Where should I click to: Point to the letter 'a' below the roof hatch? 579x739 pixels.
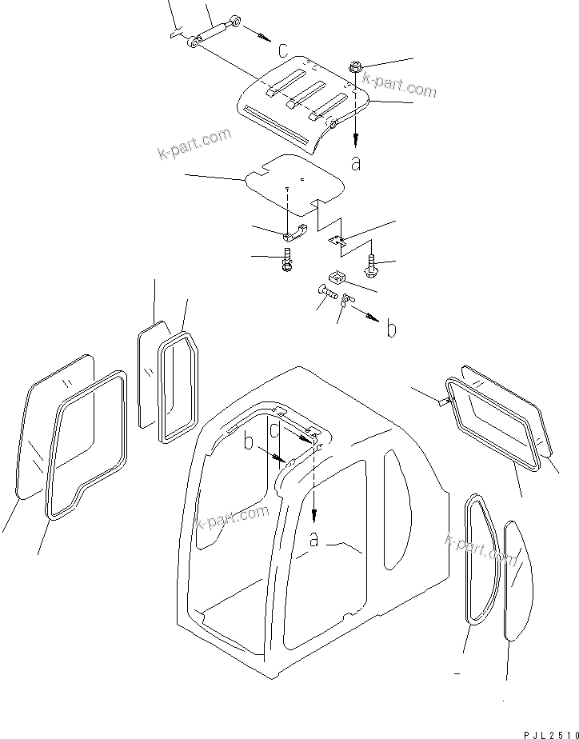point(356,163)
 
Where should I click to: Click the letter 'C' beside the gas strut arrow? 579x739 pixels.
point(283,50)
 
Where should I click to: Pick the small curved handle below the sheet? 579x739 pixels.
point(295,233)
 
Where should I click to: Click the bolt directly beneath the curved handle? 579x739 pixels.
point(288,261)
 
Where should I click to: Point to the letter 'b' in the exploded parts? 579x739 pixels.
point(391,329)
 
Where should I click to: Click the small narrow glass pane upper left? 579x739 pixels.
point(150,376)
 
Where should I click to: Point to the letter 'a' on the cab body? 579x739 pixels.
point(315,541)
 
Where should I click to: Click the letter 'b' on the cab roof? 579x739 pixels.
point(249,442)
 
